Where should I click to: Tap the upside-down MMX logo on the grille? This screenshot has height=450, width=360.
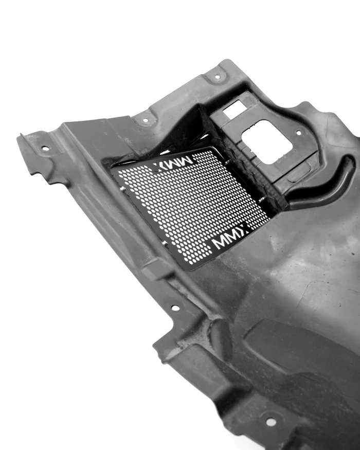tap(173, 163)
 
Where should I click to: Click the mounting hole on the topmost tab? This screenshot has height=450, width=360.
tap(218, 77)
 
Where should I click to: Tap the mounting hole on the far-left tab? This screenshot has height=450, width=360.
tap(45, 149)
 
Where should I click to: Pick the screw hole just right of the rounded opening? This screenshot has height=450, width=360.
tap(299, 133)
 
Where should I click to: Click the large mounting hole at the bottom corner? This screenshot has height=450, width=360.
tap(271, 422)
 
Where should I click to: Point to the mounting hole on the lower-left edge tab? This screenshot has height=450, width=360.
tap(175, 308)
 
